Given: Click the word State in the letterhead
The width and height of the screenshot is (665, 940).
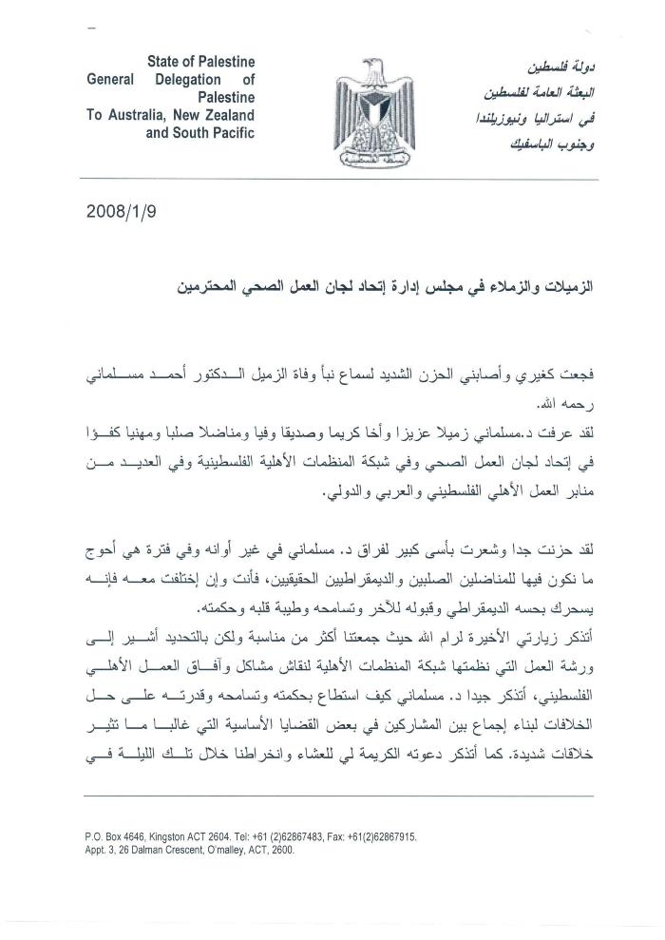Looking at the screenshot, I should click(x=166, y=62).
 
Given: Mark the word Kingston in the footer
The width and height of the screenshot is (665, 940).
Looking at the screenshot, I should click(x=178, y=837).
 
